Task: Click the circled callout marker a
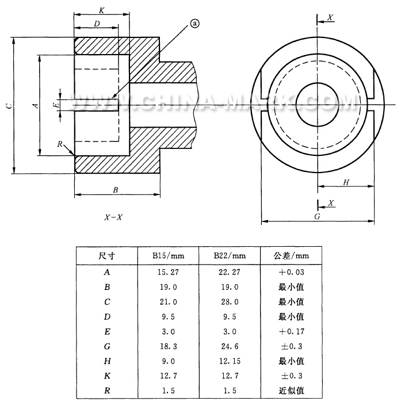pos(194,24)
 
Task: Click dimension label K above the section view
pos(101,10)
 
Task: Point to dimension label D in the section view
pos(96,24)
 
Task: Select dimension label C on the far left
pos(6,105)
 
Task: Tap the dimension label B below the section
pos(115,189)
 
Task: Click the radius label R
pos(60,143)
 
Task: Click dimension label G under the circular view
pos(317,217)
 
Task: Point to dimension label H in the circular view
pos(346,182)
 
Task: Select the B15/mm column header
pos(167,256)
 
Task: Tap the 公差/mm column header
pos(291,256)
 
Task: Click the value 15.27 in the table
pos(167,272)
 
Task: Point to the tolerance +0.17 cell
pos(291,331)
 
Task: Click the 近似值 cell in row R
pos(291,391)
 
